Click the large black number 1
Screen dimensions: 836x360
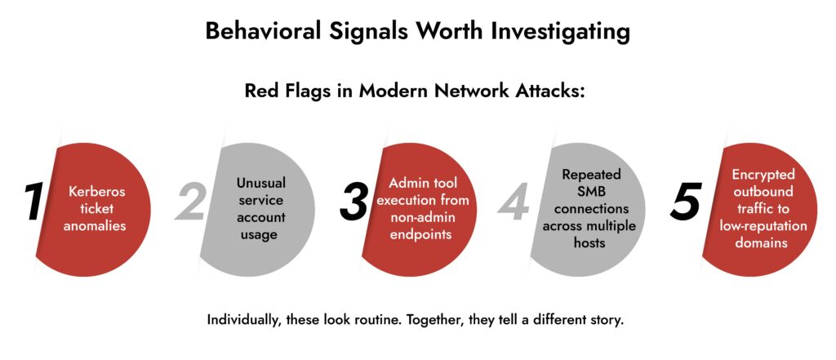pos(33,202)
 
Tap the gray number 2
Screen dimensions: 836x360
pos(190,202)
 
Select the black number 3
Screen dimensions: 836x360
pos(354,202)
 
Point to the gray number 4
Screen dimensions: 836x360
pos(514,202)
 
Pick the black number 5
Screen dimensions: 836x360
pos(686,202)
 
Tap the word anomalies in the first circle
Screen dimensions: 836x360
pos(95,225)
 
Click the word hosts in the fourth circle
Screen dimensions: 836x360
pos(589,242)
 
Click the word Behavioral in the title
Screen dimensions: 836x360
pos(263,31)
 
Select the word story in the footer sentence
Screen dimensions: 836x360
pos(607,321)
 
